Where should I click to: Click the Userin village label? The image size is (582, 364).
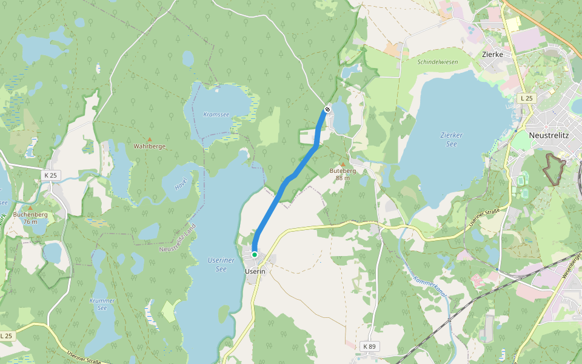255,271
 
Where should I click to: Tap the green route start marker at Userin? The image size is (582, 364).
255,255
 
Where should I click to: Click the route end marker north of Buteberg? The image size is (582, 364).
327,109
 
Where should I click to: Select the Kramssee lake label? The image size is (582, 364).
216,114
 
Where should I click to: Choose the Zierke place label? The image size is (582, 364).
492,54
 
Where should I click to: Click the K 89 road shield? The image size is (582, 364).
369,346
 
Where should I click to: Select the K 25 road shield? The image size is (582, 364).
50,175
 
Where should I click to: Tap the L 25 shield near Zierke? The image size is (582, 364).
526,98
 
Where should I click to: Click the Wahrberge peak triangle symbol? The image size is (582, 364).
150,140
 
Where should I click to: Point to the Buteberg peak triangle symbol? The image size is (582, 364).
343,164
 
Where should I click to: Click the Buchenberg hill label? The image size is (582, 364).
30,215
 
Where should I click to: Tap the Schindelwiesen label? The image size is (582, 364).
437,61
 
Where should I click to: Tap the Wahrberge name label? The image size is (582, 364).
150,147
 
